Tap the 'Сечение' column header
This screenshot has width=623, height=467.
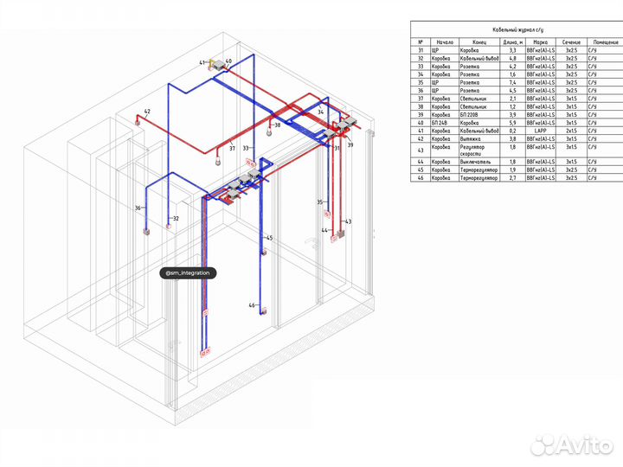pyautogui.click(x=570, y=42)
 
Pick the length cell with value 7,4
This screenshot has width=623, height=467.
pyautogui.click(x=511, y=82)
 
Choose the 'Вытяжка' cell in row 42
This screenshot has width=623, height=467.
pyautogui.click(x=474, y=138)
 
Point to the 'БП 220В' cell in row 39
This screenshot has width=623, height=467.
pyautogui.click(x=474, y=114)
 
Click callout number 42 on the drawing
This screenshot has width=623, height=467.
pyautogui.click(x=147, y=112)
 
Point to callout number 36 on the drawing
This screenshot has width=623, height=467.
pyautogui.click(x=138, y=208)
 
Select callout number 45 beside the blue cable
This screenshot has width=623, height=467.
pyautogui.click(x=269, y=238)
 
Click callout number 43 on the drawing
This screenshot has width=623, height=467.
pyautogui.click(x=348, y=222)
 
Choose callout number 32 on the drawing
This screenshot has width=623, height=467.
pyautogui.click(x=176, y=219)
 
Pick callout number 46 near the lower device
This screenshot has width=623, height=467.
pyautogui.click(x=252, y=305)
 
